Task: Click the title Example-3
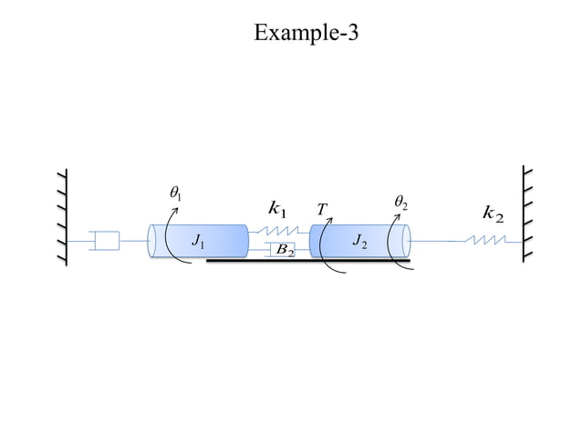307,34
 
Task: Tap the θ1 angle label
175,193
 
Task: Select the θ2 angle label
400,200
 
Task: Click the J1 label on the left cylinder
198,242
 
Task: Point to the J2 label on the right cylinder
359,242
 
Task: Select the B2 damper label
285,250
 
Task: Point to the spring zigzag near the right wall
485,241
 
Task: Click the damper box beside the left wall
107,241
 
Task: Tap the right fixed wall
527,213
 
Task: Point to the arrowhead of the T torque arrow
331,220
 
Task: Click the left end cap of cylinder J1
155,241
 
